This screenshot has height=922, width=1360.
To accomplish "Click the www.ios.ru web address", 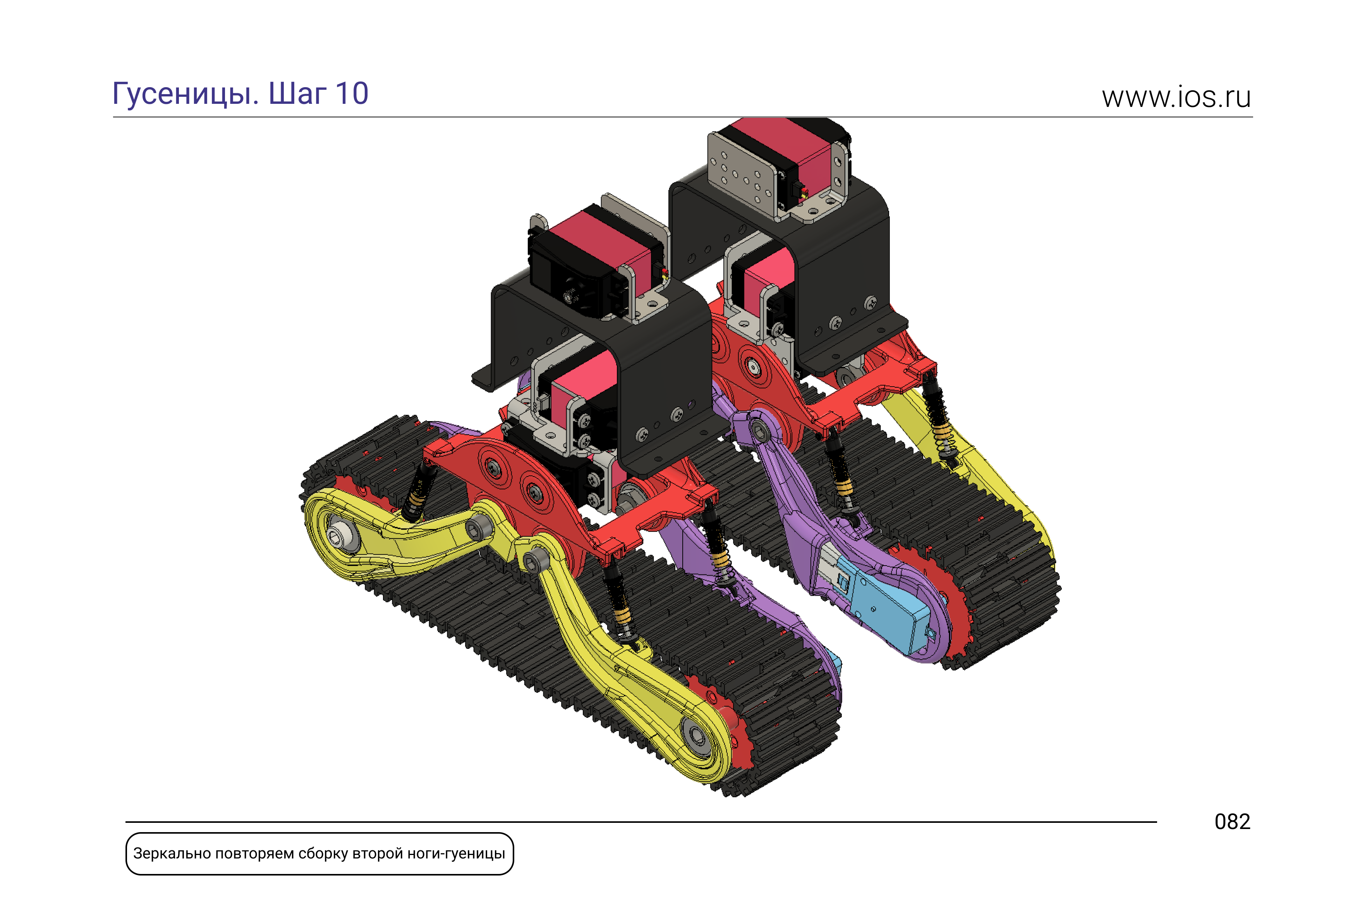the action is coord(1176,97).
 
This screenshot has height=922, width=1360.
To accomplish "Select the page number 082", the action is coord(1233,822).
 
